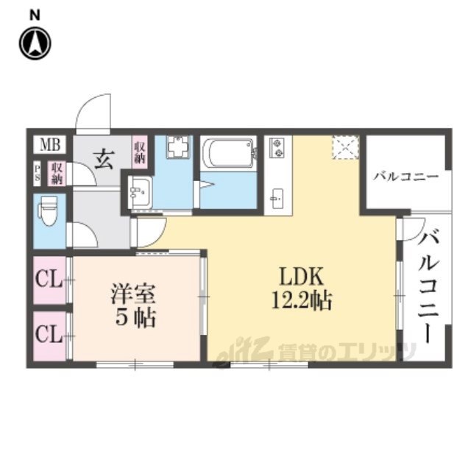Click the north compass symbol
(x=34, y=43)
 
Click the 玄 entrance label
(x=104, y=158)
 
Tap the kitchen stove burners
(x=278, y=148)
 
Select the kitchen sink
(x=277, y=197)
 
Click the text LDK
(x=300, y=276)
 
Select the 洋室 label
(x=133, y=293)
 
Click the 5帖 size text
(x=135, y=321)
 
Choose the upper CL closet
(x=49, y=280)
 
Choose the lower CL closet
(x=49, y=336)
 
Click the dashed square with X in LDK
(x=345, y=147)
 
